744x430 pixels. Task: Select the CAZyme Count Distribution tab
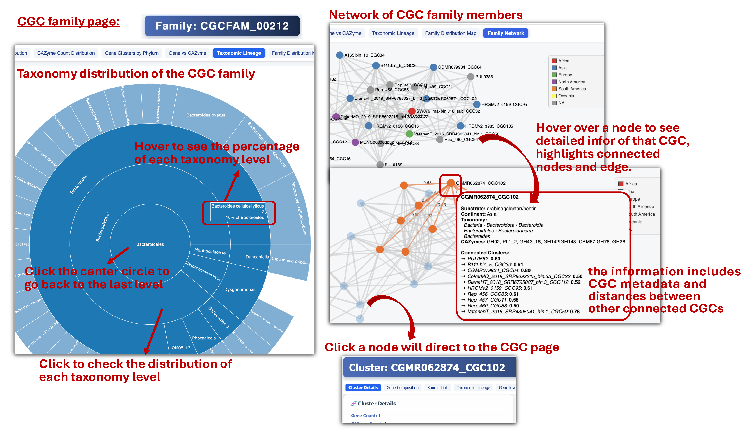click(66, 53)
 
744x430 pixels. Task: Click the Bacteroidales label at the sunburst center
click(150, 244)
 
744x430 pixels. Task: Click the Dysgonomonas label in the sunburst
click(240, 290)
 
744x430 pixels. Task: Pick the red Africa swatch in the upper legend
click(554, 61)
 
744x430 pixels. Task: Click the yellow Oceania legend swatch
click(554, 96)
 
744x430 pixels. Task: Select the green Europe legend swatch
click(554, 75)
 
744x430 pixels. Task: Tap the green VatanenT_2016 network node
click(409, 134)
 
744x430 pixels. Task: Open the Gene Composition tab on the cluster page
click(402, 387)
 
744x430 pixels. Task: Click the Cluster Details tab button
click(363, 387)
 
